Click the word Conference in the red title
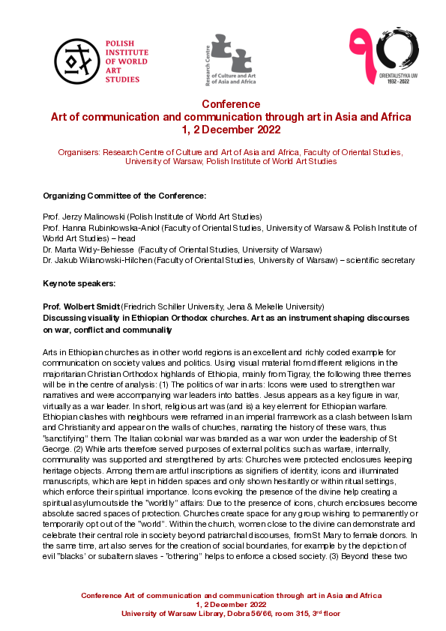coord(231,104)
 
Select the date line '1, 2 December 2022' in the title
coord(231,129)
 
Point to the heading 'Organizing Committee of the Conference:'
coord(124,196)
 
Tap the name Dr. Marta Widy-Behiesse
coord(89,249)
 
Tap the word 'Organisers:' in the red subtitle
coord(80,151)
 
